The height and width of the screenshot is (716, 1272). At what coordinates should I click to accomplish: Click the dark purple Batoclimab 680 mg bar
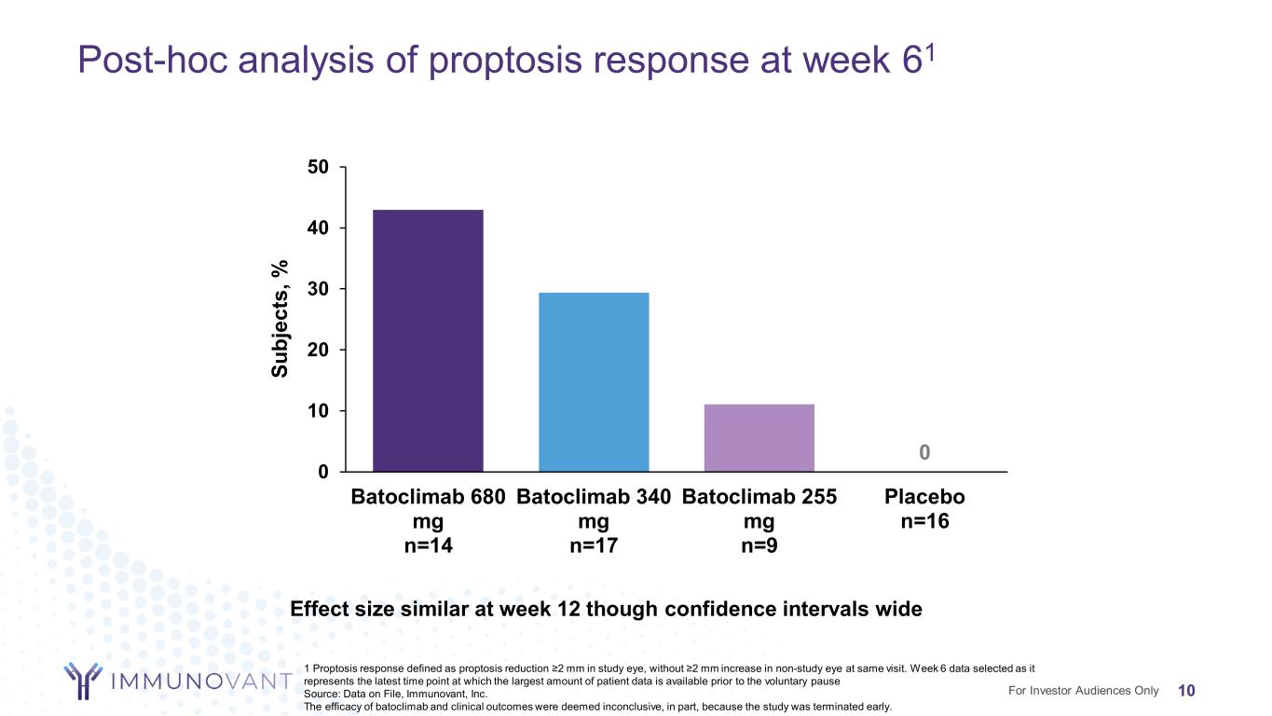(428, 340)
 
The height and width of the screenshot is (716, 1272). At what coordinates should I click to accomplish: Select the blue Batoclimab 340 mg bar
(594, 382)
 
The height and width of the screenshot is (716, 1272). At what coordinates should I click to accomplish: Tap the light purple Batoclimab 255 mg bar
(759, 437)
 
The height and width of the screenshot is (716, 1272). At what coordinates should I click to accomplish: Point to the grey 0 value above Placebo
(924, 452)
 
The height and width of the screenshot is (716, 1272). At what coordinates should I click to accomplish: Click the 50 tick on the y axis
(318, 167)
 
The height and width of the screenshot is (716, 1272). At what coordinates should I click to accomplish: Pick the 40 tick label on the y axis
(318, 227)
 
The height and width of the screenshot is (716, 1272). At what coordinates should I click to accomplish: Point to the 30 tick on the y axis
(318, 289)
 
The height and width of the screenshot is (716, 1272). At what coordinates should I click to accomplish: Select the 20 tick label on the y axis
(318, 350)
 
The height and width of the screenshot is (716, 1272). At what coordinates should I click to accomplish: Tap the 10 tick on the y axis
(318, 411)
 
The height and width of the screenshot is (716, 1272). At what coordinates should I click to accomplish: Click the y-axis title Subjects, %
(280, 319)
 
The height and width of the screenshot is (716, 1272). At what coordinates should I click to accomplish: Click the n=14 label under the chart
(428, 545)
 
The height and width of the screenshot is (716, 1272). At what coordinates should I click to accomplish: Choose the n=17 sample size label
(594, 545)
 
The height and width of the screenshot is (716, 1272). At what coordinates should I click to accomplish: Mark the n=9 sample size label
(759, 545)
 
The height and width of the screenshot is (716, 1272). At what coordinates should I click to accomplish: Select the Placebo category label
(924, 497)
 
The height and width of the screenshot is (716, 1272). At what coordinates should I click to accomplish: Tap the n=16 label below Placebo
(924, 521)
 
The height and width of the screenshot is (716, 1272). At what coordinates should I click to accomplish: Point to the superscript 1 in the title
(929, 51)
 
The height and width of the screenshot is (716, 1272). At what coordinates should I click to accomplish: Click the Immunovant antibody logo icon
(83, 681)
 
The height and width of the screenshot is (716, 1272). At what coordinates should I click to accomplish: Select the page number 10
(1186, 691)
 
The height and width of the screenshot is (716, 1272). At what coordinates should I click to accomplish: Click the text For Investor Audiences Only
(1083, 691)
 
